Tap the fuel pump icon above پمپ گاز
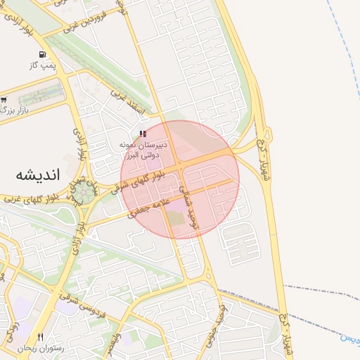(x=44, y=54)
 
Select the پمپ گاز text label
(x=43, y=65)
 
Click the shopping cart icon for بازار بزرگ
(x=4, y=100)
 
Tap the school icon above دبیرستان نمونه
(x=143, y=133)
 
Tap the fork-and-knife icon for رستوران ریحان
(x=41, y=337)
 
